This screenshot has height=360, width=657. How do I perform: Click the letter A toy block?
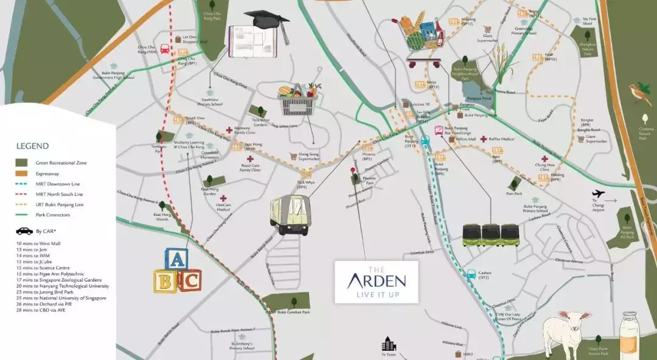coord(175,260)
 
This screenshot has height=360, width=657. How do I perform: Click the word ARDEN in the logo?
coord(376,281)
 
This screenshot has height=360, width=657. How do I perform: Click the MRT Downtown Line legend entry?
coord(58,184)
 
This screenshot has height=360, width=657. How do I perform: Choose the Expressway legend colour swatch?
coord(23,173)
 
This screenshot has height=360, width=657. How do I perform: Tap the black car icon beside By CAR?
coord(24,231)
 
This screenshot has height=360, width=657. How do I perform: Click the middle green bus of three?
coord(490,235)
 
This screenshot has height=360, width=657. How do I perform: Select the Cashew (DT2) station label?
coord(484,274)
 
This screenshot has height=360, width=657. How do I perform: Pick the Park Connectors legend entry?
coord(53,215)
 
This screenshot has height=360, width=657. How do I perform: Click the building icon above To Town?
coord(388,344)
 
